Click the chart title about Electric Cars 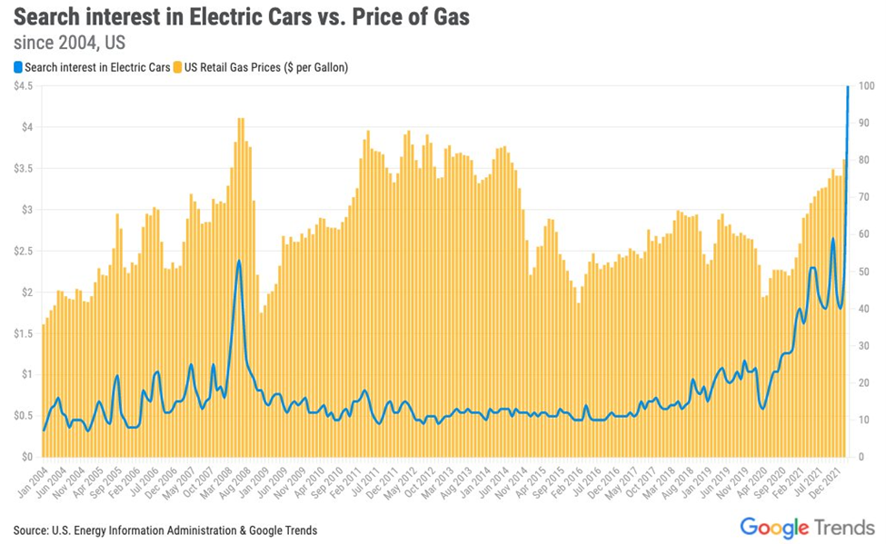(241, 18)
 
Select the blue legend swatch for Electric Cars (17, 66)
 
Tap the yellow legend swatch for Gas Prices (179, 66)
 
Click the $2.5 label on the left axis (24, 251)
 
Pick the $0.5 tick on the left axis (24, 416)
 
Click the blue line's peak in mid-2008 (239, 262)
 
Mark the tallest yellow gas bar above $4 (240, 119)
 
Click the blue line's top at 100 (848, 87)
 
